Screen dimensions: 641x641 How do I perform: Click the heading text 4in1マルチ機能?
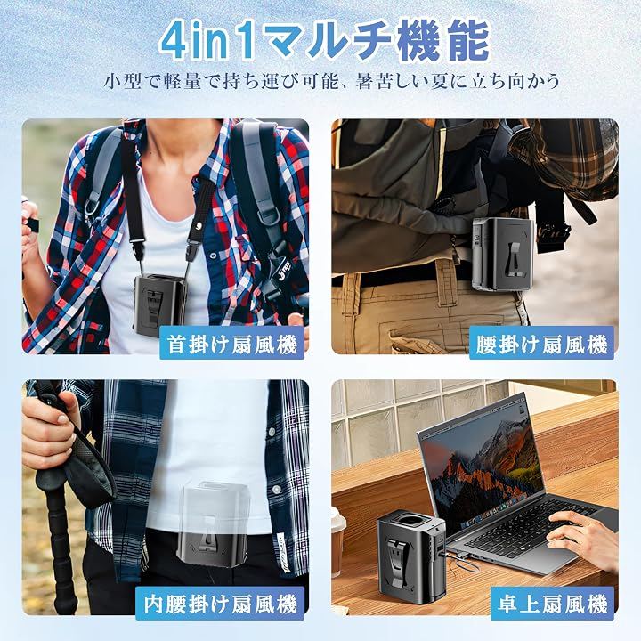pos(325,40)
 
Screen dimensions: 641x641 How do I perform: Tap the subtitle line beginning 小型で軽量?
pos(331,82)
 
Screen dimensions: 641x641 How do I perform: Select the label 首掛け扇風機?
pos(231,344)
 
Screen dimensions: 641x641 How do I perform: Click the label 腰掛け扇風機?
pos(541,344)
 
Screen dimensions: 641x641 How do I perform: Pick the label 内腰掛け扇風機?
pos(220,604)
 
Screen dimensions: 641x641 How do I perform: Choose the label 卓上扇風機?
pos(552,604)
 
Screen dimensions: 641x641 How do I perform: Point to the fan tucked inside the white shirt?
pos(213,524)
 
